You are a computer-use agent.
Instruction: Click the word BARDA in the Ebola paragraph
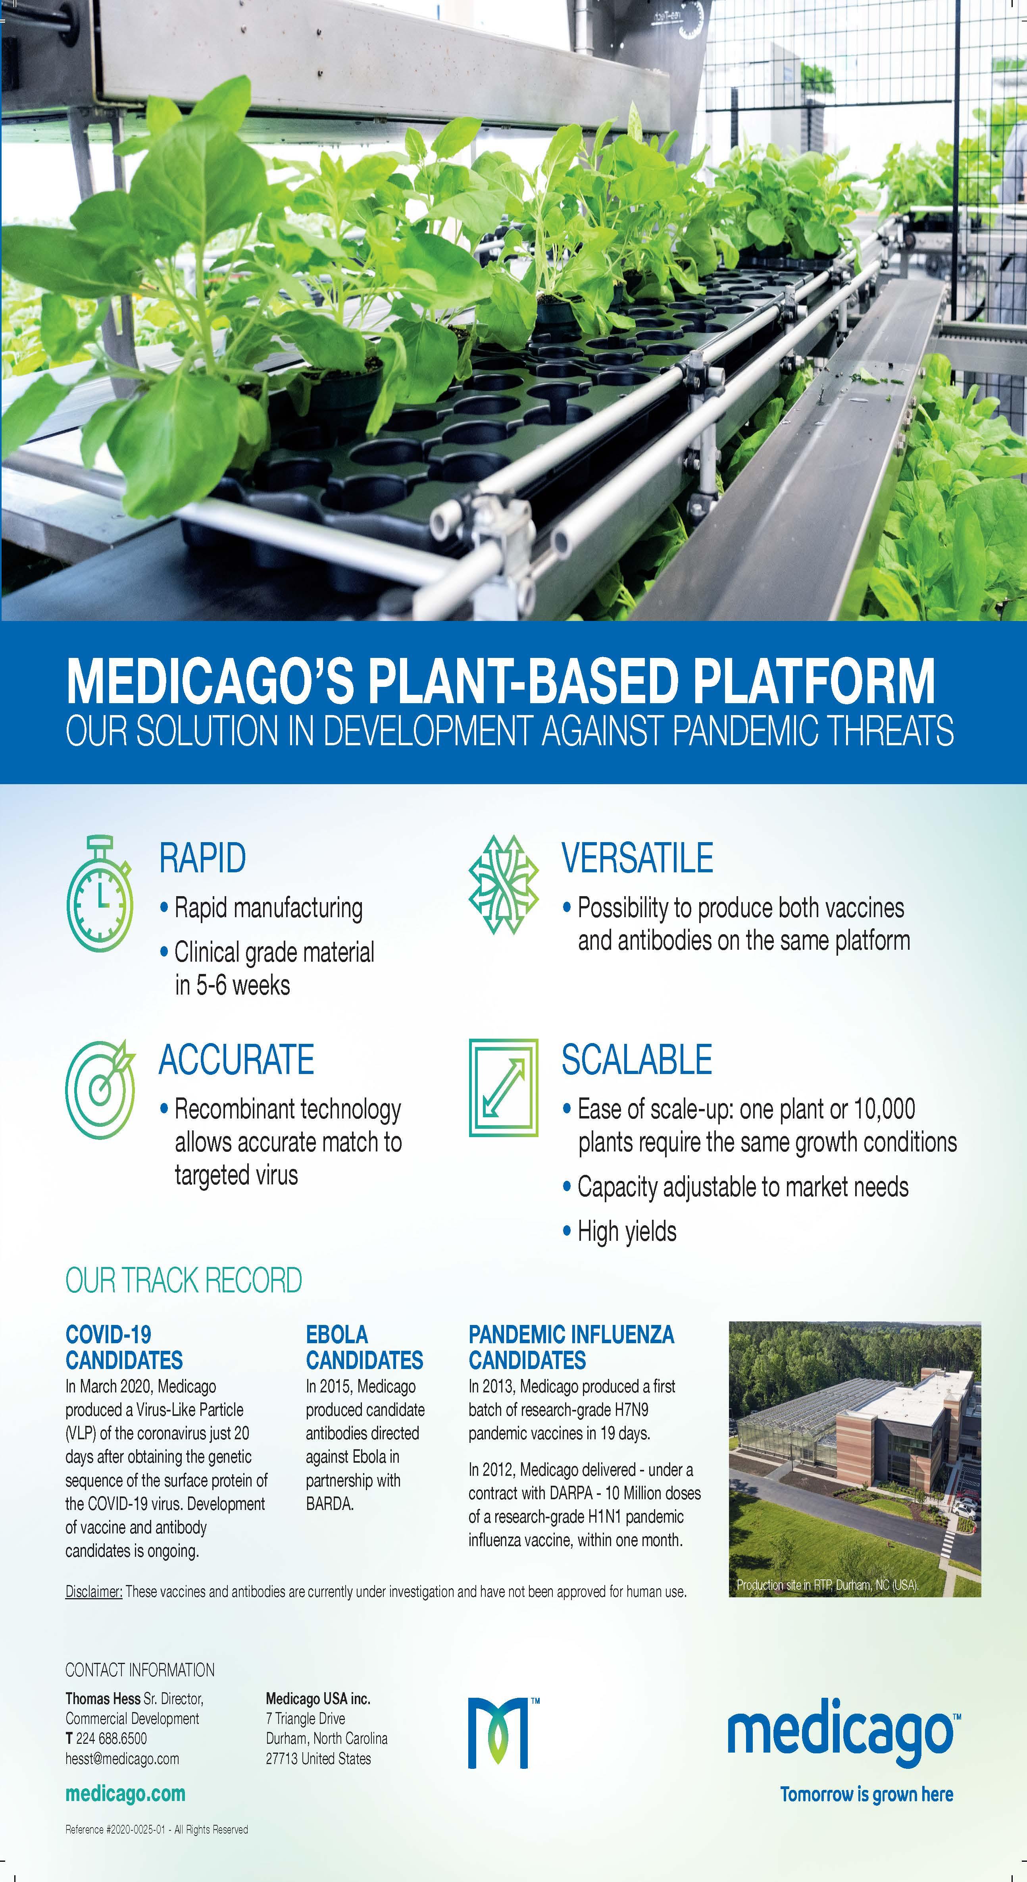click(329, 1504)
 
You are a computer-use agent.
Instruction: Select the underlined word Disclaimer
click(94, 1591)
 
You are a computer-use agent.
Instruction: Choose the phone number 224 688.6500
click(111, 1738)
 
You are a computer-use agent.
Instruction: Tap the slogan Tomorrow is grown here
click(866, 1794)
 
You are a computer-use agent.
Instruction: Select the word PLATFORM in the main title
click(814, 681)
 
